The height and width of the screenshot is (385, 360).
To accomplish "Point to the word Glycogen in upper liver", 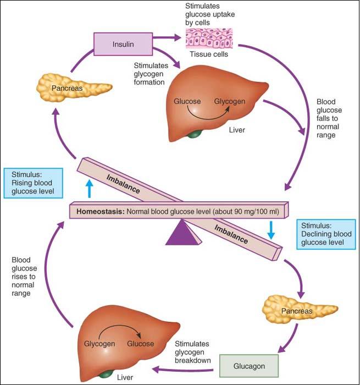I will pos(229,102).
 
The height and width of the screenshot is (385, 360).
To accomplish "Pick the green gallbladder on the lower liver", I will pos(105,373).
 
